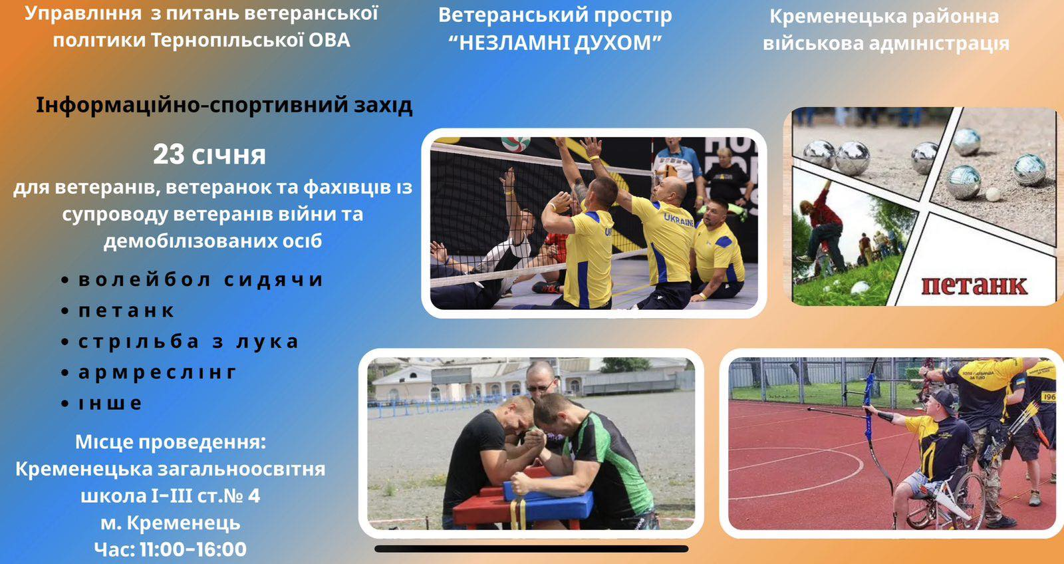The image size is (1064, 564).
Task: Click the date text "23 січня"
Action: point(209,155)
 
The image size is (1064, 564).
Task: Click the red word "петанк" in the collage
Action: point(974,285)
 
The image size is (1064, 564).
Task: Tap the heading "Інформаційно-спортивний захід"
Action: point(224,106)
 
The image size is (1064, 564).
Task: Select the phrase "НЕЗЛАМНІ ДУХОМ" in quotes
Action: point(555,43)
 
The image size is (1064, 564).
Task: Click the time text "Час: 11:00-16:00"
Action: point(170,549)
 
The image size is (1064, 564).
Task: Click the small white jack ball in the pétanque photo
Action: point(993,194)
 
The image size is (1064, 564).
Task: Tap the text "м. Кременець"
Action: point(170,523)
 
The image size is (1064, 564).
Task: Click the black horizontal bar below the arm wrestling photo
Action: point(531,549)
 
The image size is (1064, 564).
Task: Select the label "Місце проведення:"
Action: point(170,442)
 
